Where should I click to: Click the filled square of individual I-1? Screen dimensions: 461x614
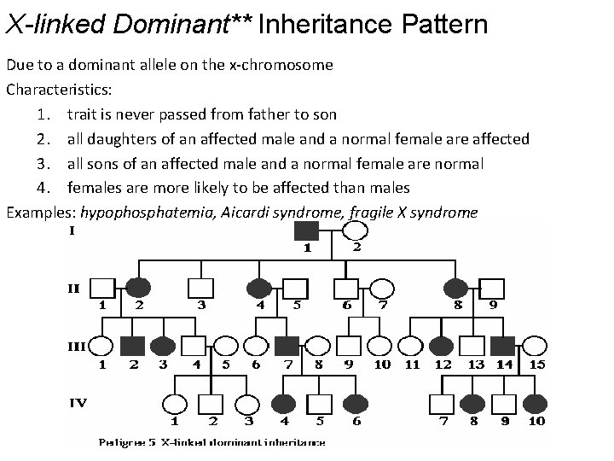(306, 231)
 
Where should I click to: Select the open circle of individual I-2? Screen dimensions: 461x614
(355, 231)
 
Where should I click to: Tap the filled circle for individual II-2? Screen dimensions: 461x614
(139, 289)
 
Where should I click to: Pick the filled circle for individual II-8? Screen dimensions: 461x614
(456, 289)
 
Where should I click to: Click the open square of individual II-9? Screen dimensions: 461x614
(493, 289)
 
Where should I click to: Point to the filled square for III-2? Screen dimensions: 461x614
(132, 346)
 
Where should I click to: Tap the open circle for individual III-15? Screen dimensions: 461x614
(536, 346)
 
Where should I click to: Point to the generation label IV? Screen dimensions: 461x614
(78, 401)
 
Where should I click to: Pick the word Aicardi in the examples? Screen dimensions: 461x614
(247, 213)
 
